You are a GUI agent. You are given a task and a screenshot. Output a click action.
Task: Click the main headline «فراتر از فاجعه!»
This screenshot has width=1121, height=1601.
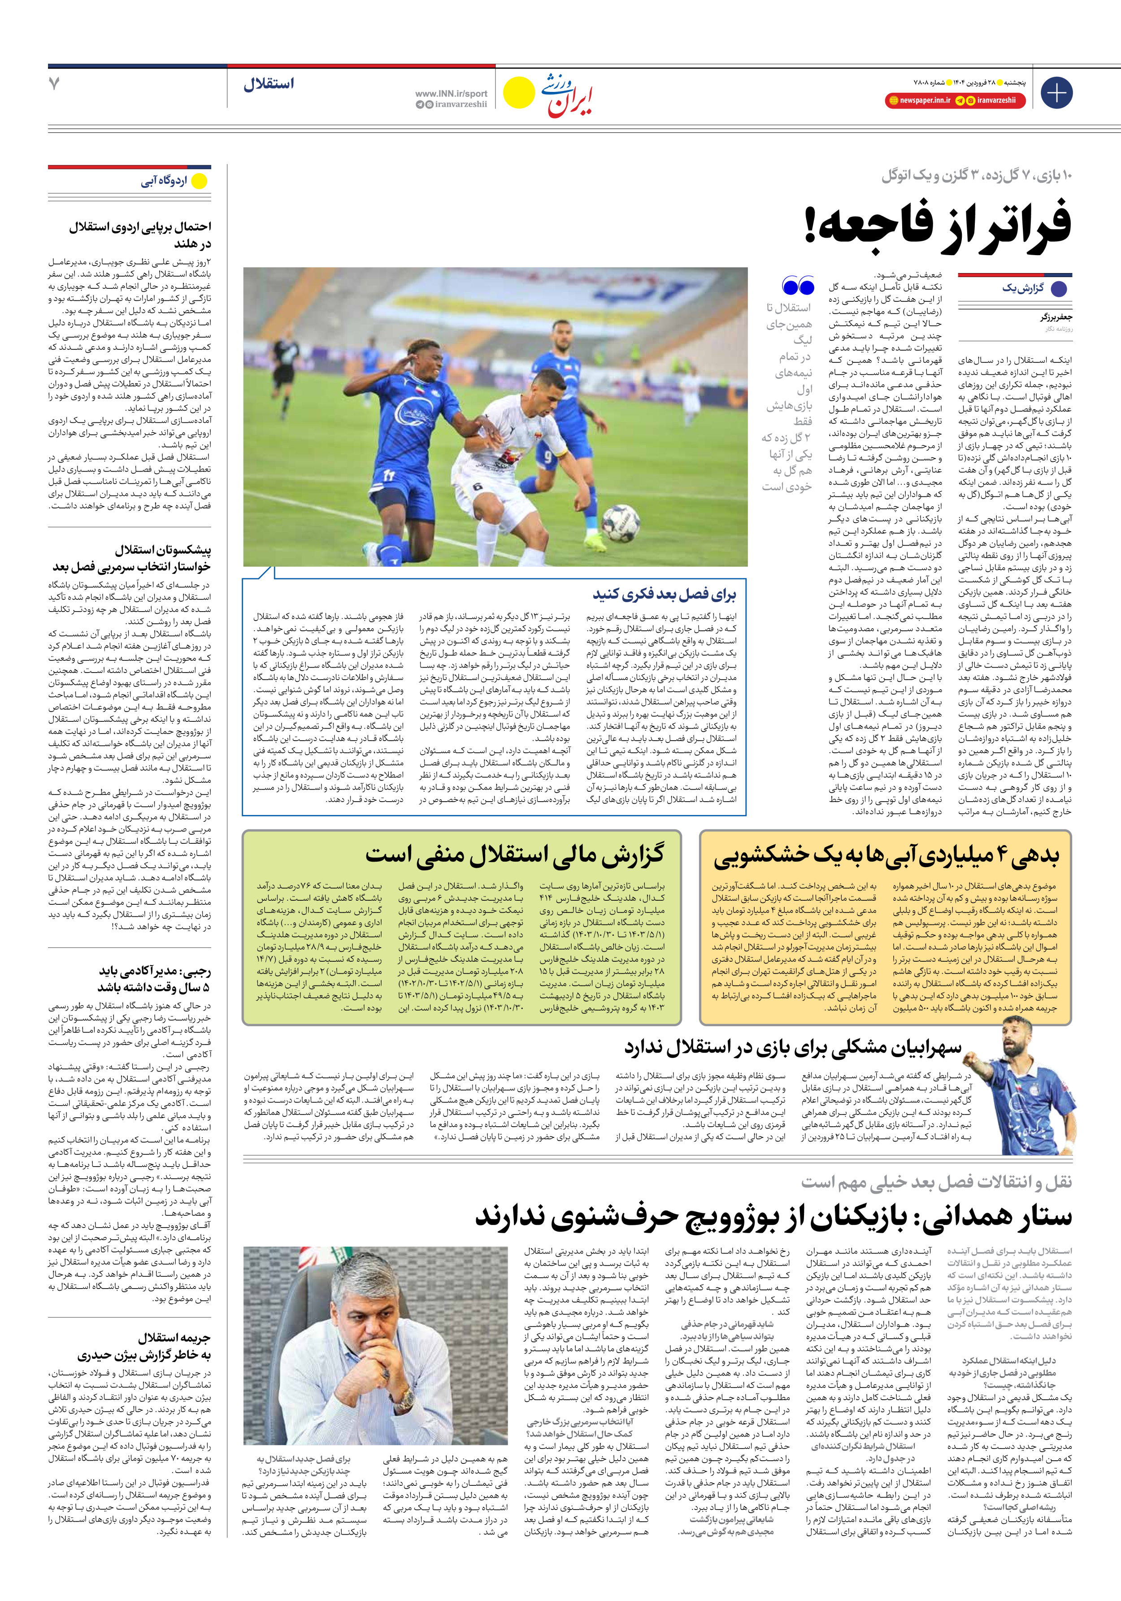pyautogui.click(x=938, y=222)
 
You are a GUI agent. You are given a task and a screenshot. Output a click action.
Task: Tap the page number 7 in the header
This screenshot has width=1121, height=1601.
pyautogui.click(x=54, y=84)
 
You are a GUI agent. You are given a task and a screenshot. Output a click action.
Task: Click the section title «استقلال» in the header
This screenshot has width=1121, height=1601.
pyautogui.click(x=269, y=84)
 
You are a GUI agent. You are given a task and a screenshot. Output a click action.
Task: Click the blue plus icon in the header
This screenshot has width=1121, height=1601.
pyautogui.click(x=1056, y=93)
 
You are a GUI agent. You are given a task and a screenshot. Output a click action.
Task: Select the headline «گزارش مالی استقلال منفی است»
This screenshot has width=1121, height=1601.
pyautogui.click(x=514, y=854)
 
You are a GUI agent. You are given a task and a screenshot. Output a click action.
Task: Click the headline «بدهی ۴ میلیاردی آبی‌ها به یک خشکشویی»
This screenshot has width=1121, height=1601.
pyautogui.click(x=886, y=855)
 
